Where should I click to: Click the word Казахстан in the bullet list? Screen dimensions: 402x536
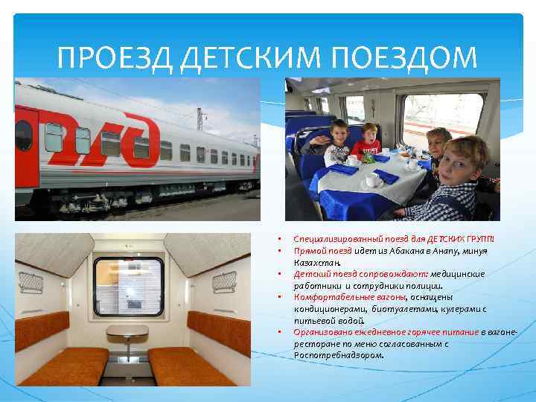317,263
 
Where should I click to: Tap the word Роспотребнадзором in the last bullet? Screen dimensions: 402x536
339,355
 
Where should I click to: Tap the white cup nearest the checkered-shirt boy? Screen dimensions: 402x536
371,180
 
